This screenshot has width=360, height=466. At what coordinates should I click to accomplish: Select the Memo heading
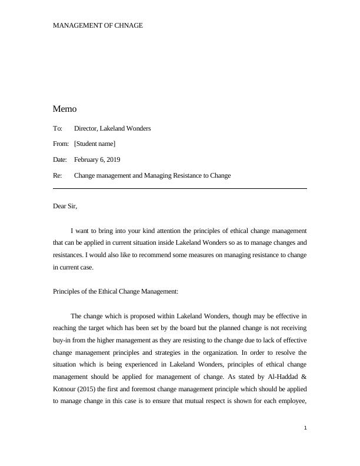pyautogui.click(x=65, y=109)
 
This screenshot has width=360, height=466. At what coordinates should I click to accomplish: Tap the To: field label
pyautogui.click(x=58, y=128)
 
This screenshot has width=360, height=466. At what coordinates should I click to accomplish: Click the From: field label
pyautogui.click(x=61, y=144)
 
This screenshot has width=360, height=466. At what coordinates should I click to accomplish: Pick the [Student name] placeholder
pyautogui.click(x=95, y=144)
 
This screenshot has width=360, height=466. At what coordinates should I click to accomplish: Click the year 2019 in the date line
pyautogui.click(x=113, y=160)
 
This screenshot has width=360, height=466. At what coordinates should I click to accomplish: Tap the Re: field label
pyautogui.click(x=58, y=176)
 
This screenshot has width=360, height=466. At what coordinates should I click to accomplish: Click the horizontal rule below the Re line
pyautogui.click(x=180, y=188)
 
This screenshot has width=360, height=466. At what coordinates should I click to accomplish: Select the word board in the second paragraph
pyautogui.click(x=192, y=328)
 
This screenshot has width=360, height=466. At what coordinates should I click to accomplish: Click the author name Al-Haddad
pyautogui.click(x=281, y=377)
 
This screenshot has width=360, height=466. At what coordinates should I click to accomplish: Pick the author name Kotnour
pyautogui.click(x=66, y=390)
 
